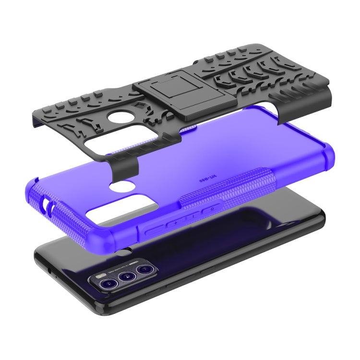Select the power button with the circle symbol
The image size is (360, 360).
click(x=206, y=210)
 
